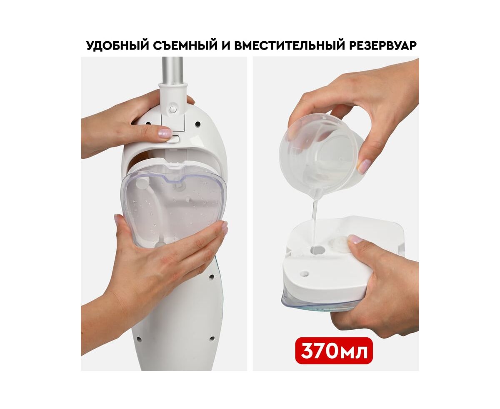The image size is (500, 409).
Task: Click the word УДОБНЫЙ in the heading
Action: click(x=117, y=45)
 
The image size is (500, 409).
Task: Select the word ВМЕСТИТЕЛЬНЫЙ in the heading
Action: click(x=289, y=45)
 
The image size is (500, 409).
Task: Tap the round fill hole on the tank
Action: click(x=317, y=250)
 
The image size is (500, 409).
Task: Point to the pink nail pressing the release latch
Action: click(x=165, y=133)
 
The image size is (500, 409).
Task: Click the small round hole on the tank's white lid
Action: click(x=305, y=274)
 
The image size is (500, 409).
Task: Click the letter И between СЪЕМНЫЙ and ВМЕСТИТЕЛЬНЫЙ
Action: click(x=226, y=45)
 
